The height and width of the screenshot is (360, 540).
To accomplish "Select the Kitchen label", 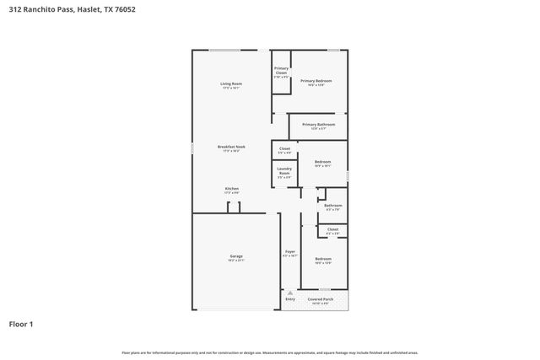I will point(231,189).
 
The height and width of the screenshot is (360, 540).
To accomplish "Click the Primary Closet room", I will point(281,73).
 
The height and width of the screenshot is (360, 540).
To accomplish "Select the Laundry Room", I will point(284,173).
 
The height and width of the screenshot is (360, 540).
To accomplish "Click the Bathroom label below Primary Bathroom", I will point(333,206).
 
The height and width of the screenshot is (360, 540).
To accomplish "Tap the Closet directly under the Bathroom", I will point(332,229).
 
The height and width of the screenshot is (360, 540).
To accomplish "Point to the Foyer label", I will point(289,252).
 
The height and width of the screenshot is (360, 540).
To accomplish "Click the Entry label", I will point(289,298).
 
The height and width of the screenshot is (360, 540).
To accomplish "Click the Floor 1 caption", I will point(21,323).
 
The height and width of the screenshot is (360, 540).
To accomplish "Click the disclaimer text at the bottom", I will point(270,352).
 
